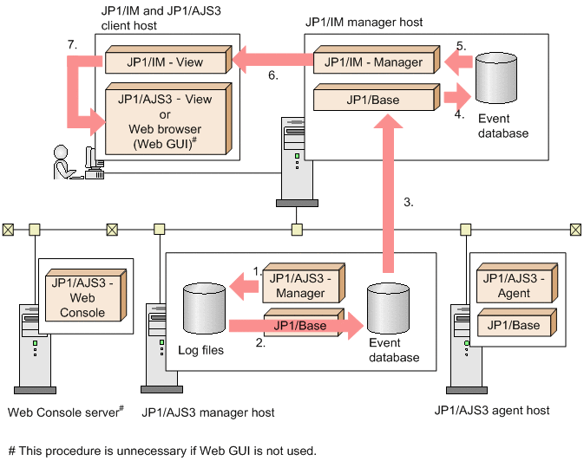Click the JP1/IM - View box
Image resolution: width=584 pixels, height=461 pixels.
click(164, 62)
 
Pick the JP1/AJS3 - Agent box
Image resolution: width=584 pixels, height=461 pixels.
click(514, 284)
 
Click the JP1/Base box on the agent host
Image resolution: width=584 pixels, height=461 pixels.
click(514, 326)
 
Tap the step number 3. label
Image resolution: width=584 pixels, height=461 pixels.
click(409, 202)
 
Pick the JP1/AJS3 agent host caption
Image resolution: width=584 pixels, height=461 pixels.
click(494, 411)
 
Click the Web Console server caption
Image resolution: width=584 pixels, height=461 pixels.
click(61, 412)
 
